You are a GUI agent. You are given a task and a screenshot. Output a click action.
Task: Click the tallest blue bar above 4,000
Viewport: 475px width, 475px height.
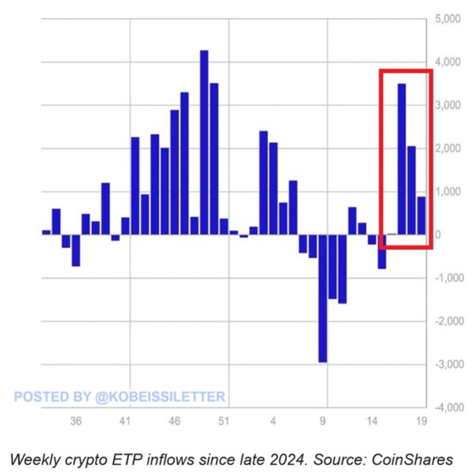point(204,142)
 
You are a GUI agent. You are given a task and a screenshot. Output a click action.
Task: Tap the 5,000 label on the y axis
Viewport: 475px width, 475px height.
point(447,19)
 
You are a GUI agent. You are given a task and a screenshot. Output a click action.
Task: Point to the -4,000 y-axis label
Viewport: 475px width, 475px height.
point(446,408)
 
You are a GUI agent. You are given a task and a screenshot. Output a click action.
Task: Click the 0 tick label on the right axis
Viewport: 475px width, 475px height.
point(438,235)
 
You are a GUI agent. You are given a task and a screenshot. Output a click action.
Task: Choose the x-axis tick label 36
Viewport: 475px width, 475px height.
point(76,422)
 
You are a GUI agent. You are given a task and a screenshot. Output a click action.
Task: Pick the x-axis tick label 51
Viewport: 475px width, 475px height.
point(224,422)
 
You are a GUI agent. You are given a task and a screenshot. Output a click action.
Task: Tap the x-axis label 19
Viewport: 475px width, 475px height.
point(421,422)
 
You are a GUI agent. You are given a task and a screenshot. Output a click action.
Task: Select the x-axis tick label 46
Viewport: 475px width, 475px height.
point(174,422)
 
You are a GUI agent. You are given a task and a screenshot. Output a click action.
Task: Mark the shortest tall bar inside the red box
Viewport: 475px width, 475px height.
point(421,216)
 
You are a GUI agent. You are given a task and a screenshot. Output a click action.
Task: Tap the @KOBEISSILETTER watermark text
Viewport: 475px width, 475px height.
point(160,397)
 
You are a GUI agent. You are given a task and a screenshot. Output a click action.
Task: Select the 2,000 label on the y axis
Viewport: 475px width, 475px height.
point(447,148)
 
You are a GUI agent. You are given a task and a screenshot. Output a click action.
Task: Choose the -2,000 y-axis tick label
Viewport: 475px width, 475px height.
point(446,321)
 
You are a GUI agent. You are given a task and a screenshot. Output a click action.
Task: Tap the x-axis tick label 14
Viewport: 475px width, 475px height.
point(372,422)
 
